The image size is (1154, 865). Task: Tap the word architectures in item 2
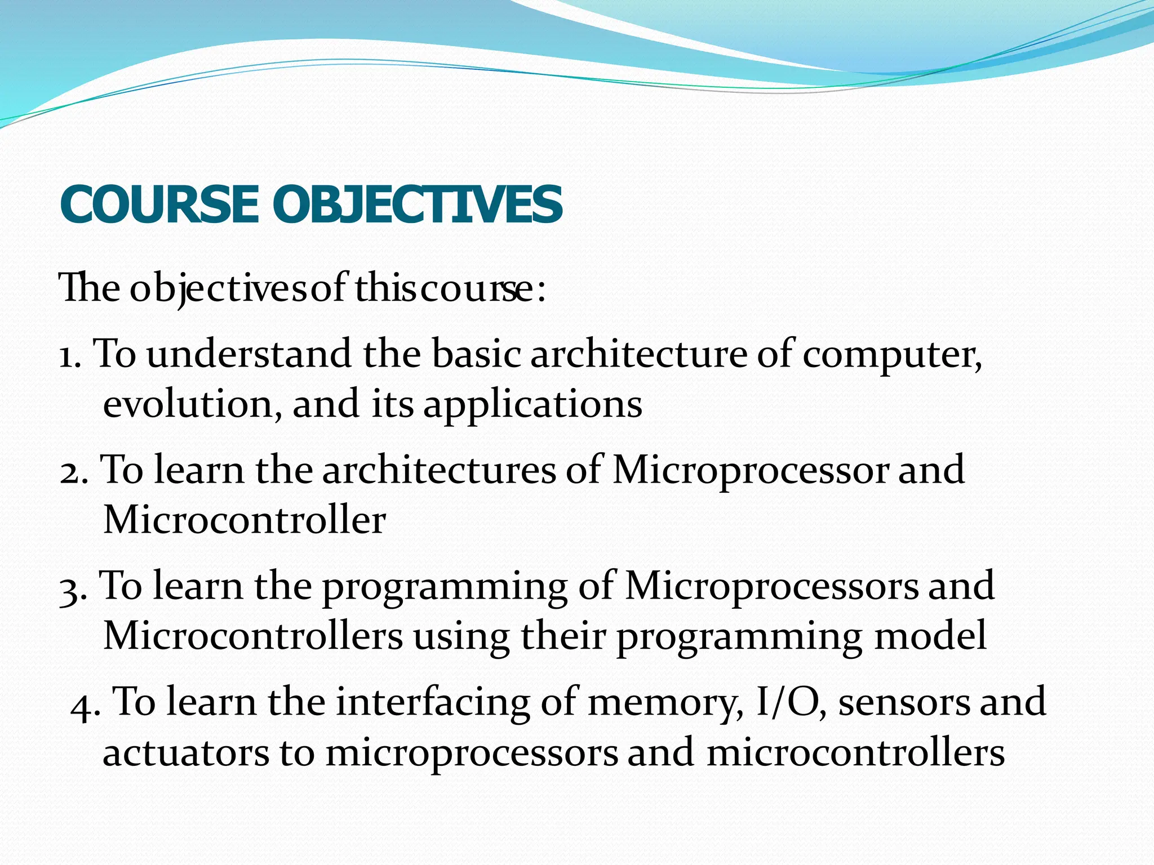pyautogui.click(x=439, y=470)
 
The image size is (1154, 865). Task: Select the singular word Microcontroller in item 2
pyautogui.click(x=244, y=520)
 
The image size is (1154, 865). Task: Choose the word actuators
pyautogui.click(x=185, y=753)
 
